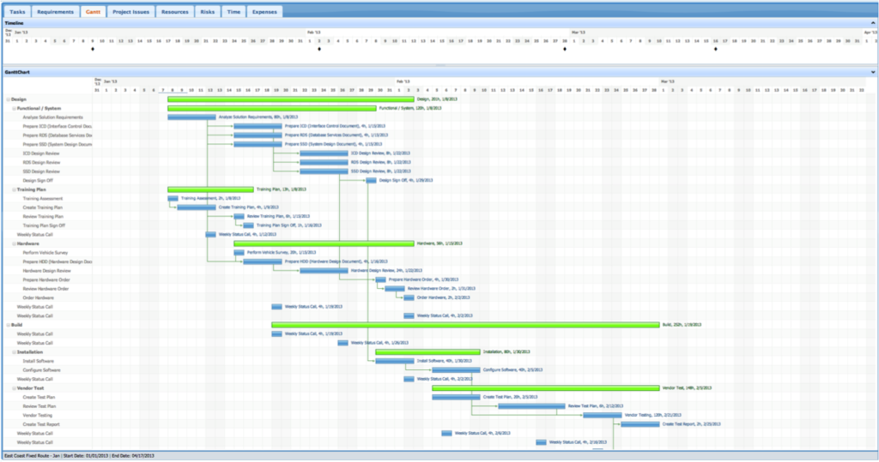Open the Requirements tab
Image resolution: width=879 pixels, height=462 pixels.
[x=56, y=12]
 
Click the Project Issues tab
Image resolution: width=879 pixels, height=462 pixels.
[x=130, y=12]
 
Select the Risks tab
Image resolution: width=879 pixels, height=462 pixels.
[x=207, y=12]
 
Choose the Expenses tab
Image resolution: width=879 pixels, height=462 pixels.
[x=264, y=12]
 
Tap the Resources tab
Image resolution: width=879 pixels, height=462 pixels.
[x=175, y=12]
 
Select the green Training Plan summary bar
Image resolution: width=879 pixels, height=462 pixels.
[x=210, y=189]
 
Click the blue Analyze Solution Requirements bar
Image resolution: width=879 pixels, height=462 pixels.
[x=191, y=117]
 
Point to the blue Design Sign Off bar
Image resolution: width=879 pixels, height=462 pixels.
[x=372, y=181]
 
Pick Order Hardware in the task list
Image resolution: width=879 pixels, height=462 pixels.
[x=40, y=297]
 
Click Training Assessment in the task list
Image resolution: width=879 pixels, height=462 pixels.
[x=42, y=199]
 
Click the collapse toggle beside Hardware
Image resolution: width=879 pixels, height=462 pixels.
[x=8, y=244]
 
